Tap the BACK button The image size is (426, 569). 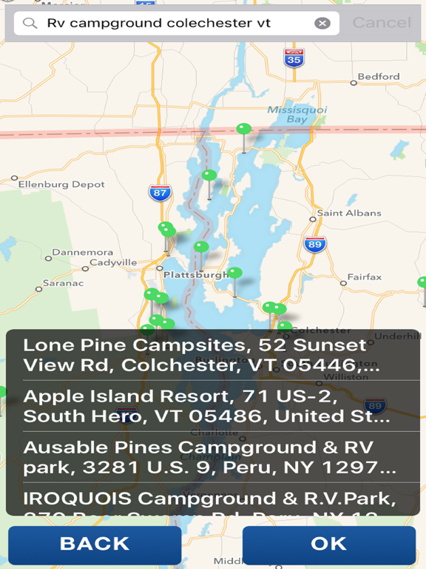(95, 544)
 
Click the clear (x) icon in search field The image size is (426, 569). (322, 23)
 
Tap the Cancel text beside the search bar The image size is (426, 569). (381, 23)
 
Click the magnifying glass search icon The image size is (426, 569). (30, 23)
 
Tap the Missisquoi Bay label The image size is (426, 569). (287, 114)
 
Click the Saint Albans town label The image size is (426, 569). (349, 213)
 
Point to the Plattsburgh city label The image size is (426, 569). (196, 274)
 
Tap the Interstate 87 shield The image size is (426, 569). (159, 193)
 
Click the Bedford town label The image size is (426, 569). (379, 76)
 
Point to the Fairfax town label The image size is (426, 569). (365, 277)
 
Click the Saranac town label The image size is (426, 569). (63, 283)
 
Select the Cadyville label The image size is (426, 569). (113, 262)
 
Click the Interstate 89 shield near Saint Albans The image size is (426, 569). (315, 244)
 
